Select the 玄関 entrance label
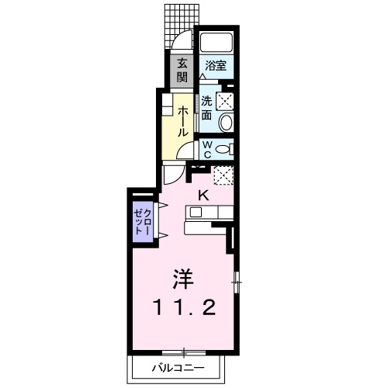point(182,69)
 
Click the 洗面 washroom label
point(207,107)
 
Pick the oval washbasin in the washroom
point(225,122)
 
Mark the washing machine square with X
point(225,99)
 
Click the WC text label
point(208,148)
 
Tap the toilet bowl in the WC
point(223,149)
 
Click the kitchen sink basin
point(196,211)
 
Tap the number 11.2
point(183,307)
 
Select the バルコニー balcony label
point(178,367)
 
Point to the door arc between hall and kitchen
point(172,174)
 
